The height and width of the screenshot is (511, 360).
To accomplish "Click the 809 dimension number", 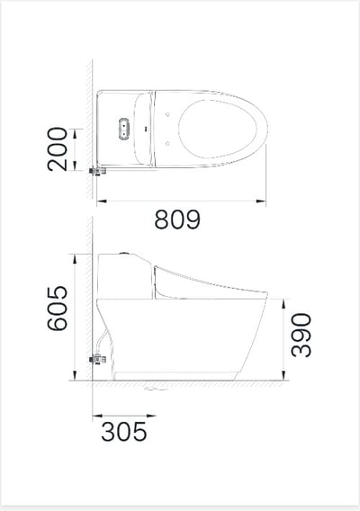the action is [177, 220].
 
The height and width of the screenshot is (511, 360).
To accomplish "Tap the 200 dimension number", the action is [58, 149].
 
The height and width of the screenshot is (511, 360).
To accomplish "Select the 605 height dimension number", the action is [58, 309].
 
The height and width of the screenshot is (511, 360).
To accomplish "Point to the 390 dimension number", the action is [301, 335].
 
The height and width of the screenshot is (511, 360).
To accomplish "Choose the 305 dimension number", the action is [124, 432].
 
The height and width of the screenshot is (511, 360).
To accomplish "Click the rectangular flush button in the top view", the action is [124, 129].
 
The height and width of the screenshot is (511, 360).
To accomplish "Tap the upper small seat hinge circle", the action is [167, 114].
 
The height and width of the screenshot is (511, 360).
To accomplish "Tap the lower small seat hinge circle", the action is [167, 143].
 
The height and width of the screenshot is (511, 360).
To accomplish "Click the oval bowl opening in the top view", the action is [218, 129].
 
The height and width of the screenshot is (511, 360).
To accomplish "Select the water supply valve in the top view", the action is [97, 171].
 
